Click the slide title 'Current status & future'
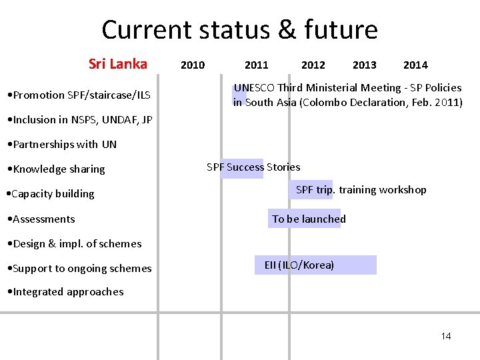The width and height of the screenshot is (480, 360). (x=239, y=30)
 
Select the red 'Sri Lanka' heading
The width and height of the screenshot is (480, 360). (x=118, y=64)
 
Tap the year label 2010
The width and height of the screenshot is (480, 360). (x=193, y=65)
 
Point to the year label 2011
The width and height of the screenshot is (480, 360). (x=256, y=65)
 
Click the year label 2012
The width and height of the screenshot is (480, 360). (x=313, y=65)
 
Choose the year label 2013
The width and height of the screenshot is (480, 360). (x=364, y=65)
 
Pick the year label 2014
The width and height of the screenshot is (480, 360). (x=415, y=65)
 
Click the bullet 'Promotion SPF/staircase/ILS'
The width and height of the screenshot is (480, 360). (x=77, y=95)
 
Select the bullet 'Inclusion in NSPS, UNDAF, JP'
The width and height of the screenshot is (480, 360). (x=79, y=120)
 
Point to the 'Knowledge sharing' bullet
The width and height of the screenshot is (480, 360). (x=55, y=169)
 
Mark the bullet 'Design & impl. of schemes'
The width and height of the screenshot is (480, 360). (x=73, y=243)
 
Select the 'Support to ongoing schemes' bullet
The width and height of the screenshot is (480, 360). (x=78, y=269)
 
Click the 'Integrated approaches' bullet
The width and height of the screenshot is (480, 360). (x=64, y=292)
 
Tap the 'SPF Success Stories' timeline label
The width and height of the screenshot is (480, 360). (x=253, y=167)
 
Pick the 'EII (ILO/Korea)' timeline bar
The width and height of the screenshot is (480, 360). (x=315, y=265)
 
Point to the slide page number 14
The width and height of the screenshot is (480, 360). (x=446, y=336)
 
